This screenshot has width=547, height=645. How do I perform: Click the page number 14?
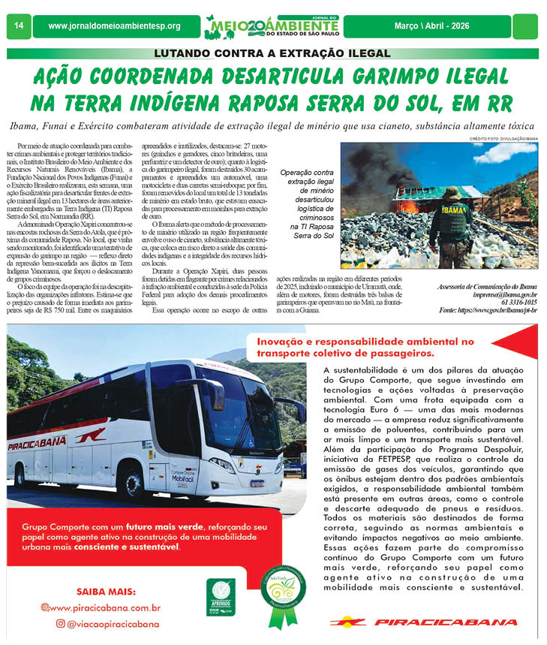click(x=18, y=26)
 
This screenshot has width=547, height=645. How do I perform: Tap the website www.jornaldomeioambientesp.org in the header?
click(x=114, y=26)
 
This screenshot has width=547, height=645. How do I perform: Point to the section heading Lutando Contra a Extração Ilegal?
click(x=272, y=53)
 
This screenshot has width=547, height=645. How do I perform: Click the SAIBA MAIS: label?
click(x=105, y=592)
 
